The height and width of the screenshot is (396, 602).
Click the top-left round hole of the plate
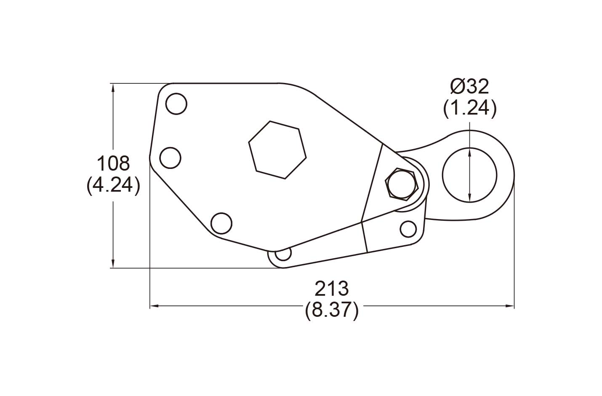tap(176, 103)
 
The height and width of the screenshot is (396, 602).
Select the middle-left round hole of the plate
tap(170, 158)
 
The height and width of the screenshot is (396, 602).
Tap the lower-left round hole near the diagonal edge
tap(221, 224)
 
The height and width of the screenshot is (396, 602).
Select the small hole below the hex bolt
tap(408, 229)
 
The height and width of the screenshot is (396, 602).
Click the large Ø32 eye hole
tap(469, 175)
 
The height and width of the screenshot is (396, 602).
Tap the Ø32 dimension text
tap(469, 87)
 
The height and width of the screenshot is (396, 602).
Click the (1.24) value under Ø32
tap(469, 109)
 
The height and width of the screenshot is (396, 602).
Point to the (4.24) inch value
tap(113, 185)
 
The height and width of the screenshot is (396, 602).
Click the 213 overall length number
tap(332, 289)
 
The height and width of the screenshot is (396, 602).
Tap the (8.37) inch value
tap(332, 310)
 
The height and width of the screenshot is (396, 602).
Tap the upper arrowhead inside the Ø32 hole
tap(469, 151)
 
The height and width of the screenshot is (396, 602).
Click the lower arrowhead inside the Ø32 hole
tap(469, 199)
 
